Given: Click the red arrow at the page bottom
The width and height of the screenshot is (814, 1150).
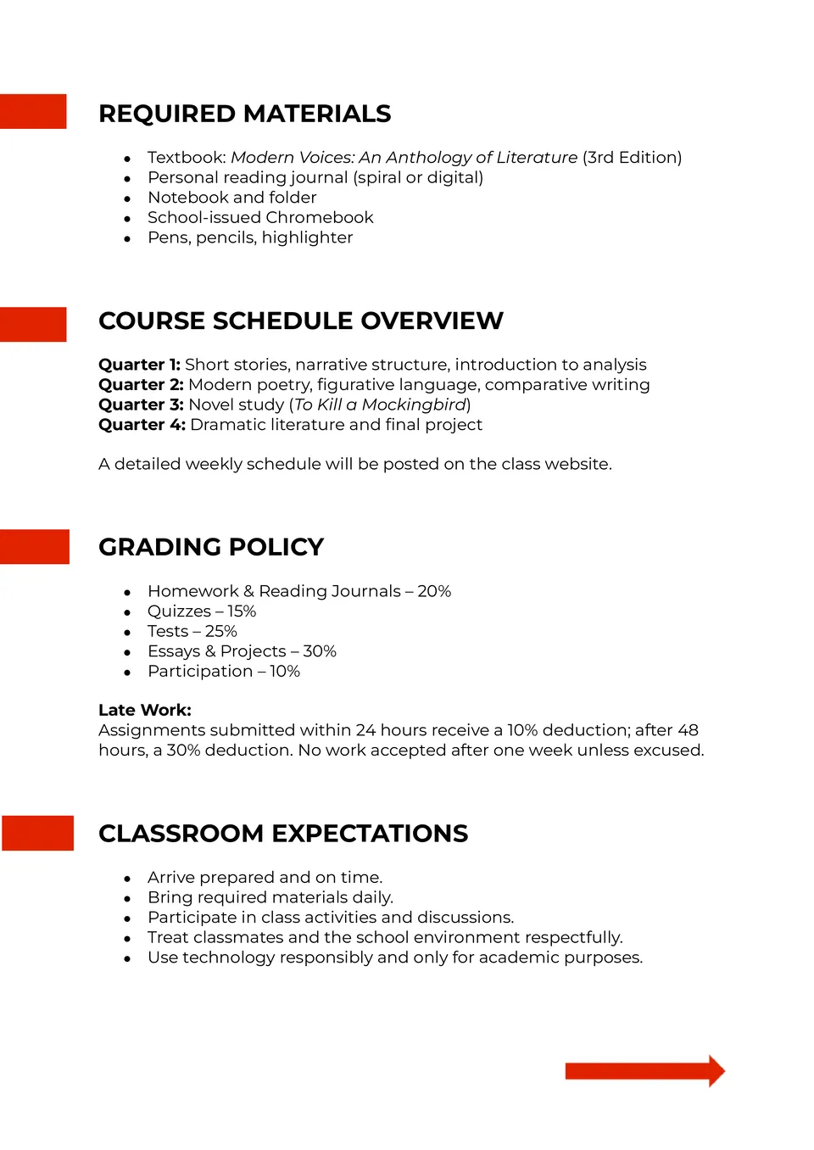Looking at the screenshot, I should (644, 1071).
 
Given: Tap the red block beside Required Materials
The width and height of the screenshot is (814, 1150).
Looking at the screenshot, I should (33, 111).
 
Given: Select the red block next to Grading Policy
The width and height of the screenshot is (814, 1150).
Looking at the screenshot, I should (34, 546).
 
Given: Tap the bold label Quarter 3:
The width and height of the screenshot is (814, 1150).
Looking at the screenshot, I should (141, 405).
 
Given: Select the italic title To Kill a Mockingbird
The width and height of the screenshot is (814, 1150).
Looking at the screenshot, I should (380, 405).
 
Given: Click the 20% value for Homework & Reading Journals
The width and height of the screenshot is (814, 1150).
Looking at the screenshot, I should (434, 591).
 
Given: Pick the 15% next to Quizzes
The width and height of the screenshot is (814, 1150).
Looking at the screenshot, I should (242, 611).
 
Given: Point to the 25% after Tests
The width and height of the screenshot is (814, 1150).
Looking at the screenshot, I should (221, 631).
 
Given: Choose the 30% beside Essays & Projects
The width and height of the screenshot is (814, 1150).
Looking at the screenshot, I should (320, 651).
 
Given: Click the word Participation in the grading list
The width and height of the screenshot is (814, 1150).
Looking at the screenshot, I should (200, 672).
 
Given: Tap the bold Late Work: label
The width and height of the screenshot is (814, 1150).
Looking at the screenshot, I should (145, 710).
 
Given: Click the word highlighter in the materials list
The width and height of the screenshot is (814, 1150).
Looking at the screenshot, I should (307, 237).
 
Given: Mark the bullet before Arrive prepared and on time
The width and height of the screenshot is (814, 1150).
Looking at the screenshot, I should (127, 879).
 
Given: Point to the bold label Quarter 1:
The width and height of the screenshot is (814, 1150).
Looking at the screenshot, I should (139, 365).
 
